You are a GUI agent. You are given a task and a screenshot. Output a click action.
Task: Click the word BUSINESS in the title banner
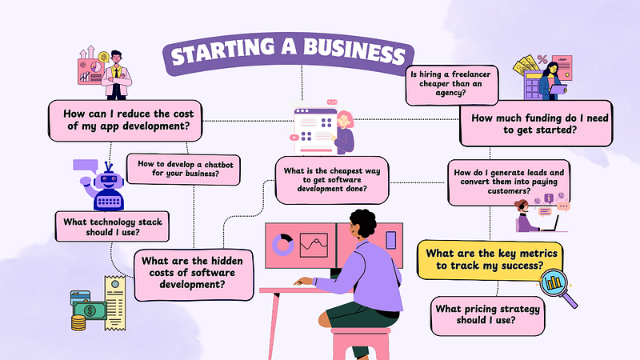[354, 51]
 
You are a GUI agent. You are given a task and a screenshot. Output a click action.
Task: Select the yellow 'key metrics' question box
[490, 260]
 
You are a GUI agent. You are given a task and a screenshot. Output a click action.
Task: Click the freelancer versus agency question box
[452, 85]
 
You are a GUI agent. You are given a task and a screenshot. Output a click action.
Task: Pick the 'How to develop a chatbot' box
[183, 169]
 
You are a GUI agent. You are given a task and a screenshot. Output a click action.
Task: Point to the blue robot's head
[108, 178]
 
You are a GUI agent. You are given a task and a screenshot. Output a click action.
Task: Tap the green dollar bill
[90, 310]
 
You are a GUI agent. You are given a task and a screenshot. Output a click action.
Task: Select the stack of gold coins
[78, 323]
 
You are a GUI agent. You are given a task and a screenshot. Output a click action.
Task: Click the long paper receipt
[115, 302]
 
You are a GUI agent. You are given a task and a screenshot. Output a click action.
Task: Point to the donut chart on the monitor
[283, 245]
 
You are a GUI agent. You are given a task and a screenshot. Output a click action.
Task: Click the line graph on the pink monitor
[314, 245]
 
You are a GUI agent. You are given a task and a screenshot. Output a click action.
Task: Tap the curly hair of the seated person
[363, 222]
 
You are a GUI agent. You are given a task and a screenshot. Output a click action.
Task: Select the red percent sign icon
[542, 60]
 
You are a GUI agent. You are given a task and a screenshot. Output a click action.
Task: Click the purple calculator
[533, 86]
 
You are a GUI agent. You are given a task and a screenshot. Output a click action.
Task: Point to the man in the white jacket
[116, 75]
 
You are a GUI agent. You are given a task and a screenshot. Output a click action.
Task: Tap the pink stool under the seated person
[360, 343]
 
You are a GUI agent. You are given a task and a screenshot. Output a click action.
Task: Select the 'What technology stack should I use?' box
[112, 226]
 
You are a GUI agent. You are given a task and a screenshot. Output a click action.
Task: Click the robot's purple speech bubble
[86, 166]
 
